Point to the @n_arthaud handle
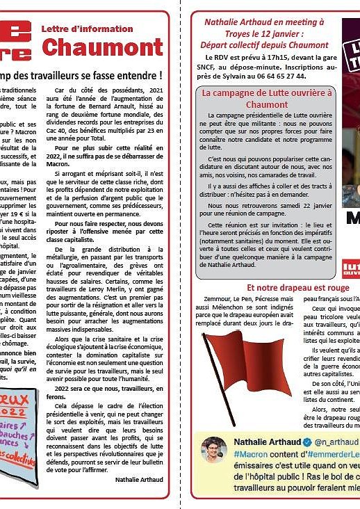click(335, 442)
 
